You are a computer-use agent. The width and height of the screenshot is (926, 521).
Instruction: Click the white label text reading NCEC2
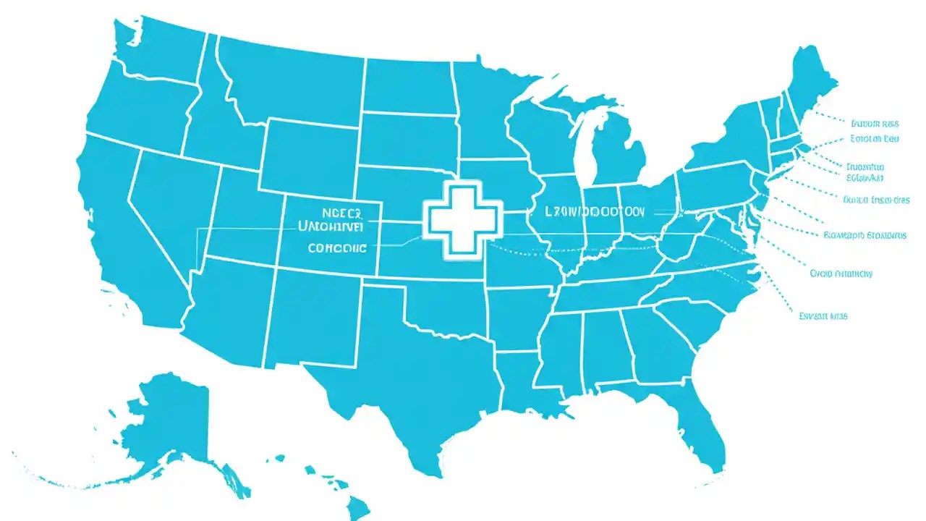pyautogui.click(x=340, y=213)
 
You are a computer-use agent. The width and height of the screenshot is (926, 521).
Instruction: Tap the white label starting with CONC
pyautogui.click(x=337, y=247)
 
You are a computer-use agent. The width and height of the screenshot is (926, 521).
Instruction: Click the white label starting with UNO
pyautogui.click(x=331, y=226)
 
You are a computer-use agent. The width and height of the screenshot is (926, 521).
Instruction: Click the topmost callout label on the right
pyautogui.click(x=875, y=123)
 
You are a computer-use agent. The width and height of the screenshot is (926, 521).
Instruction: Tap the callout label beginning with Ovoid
pyautogui.click(x=841, y=274)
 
